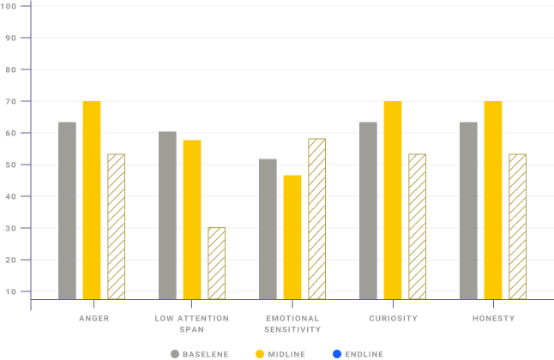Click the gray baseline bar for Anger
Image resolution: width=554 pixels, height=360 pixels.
coord(67,210)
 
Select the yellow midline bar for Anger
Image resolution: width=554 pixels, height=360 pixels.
coord(92,200)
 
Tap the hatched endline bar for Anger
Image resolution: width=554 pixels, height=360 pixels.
coord(116,226)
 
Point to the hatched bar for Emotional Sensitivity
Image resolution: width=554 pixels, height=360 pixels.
coord(316,219)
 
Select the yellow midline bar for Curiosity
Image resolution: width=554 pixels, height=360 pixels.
coord(393,200)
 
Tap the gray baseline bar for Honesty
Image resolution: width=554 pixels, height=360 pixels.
coord(468,210)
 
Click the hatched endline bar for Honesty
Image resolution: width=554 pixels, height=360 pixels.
coord(517,226)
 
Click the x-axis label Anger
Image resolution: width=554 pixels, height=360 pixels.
coord(93,319)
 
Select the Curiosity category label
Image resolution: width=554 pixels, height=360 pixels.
coord(394,319)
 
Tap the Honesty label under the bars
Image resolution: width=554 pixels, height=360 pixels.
coord(493,319)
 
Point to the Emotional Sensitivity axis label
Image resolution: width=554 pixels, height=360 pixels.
coord(292,324)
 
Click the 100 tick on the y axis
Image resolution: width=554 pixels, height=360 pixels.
coord(11,6)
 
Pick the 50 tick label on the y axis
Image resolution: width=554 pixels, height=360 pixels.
coord(11,165)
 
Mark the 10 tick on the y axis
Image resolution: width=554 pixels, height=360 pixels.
coord(11,291)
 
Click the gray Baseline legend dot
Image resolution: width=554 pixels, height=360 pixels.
coord(175,353)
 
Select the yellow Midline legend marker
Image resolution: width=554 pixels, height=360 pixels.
coord(260,353)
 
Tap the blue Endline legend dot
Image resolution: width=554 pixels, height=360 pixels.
coord(336,353)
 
